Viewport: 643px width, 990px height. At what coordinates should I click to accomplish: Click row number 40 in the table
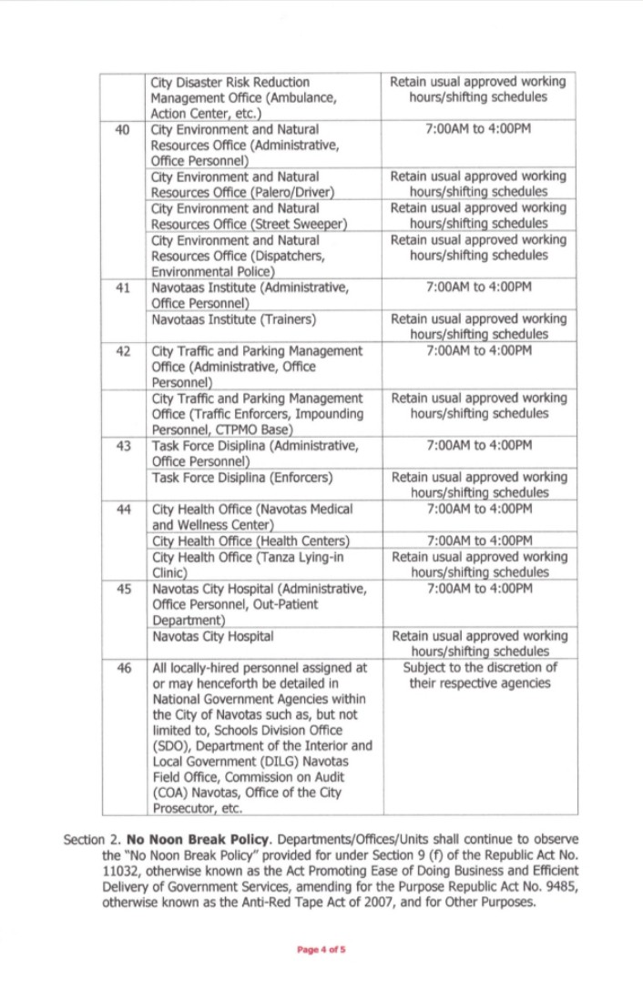tap(123, 129)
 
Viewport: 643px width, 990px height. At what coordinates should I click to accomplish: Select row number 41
tap(123, 288)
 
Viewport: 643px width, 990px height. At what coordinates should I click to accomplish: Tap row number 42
tap(123, 351)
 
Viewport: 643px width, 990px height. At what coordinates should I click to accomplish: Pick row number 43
tap(123, 446)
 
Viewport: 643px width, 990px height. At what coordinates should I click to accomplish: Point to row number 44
tap(123, 510)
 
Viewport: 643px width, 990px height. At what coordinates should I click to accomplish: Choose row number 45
tap(123, 589)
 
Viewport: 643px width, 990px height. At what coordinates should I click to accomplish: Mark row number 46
tap(123, 668)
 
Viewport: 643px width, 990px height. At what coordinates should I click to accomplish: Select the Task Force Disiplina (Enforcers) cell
tap(242, 478)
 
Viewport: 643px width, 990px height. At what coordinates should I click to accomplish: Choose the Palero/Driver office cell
tap(243, 184)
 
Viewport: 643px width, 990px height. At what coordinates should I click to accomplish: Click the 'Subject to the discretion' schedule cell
tap(479, 675)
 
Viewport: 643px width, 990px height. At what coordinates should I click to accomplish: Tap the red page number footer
tap(321, 950)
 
